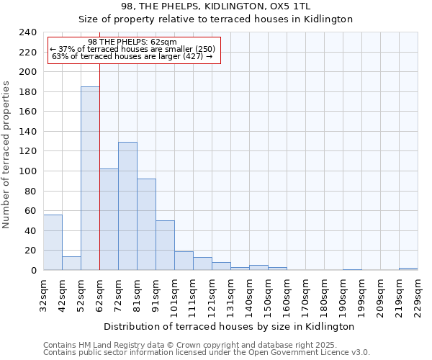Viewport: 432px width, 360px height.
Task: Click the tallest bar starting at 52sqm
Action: [90, 179]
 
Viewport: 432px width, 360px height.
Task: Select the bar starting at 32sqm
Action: [53, 242]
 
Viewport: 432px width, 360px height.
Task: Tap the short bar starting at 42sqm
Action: [71, 264]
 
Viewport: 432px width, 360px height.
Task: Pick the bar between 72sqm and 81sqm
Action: [127, 206]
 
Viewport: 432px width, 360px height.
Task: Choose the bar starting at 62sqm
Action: [109, 220]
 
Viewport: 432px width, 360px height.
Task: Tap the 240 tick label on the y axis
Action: [28, 32]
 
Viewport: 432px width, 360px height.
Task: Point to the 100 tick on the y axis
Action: [28, 72]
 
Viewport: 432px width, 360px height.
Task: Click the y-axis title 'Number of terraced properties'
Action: [7, 155]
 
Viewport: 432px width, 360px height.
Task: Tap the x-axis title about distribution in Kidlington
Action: [229, 326]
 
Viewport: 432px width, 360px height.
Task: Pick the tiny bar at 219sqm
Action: [408, 269]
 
